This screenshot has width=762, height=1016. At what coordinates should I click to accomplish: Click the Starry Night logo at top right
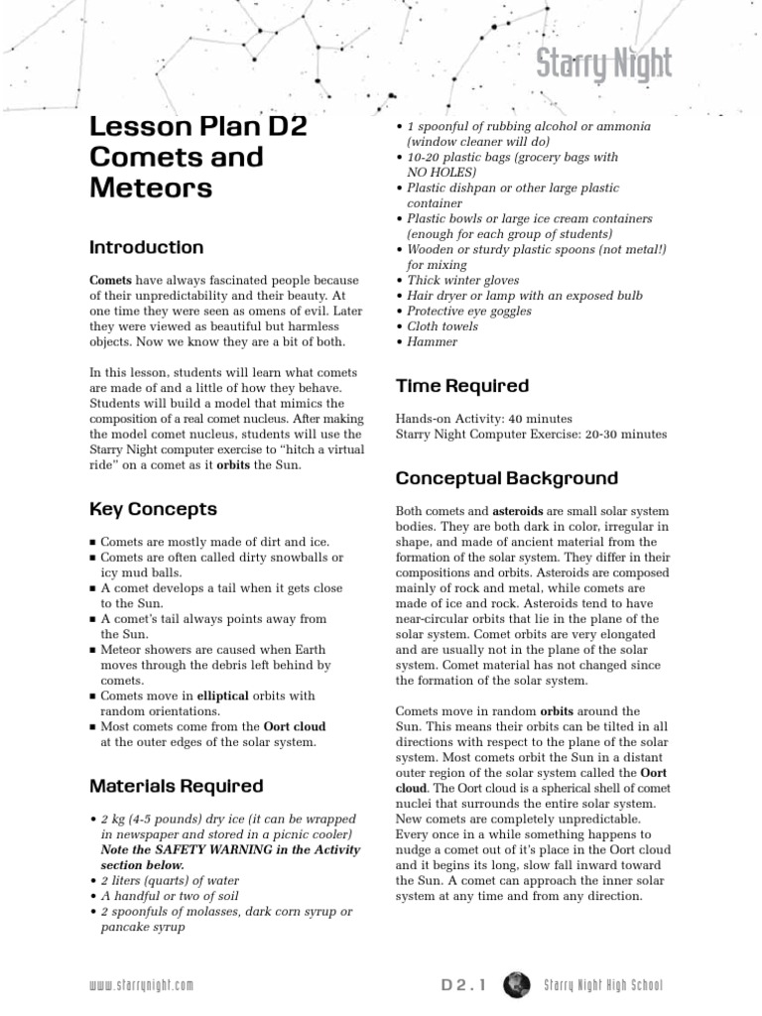[x=604, y=65]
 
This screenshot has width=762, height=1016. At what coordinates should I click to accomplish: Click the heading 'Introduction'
[x=147, y=247]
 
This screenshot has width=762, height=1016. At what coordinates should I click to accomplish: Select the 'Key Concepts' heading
[x=153, y=509]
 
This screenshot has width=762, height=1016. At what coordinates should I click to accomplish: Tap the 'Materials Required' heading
[x=177, y=786]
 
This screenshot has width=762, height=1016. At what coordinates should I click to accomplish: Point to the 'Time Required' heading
[x=462, y=386]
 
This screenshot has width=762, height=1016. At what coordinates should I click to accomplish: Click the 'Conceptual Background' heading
[x=507, y=478]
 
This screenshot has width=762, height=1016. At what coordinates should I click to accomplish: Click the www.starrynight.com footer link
[x=141, y=985]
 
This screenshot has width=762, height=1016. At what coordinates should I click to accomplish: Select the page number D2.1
[x=465, y=985]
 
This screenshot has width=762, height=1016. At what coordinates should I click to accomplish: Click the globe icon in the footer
[x=516, y=984]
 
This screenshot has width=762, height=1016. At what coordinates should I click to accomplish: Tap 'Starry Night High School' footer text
[x=603, y=985]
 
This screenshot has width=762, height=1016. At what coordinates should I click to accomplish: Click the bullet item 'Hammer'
[x=432, y=341]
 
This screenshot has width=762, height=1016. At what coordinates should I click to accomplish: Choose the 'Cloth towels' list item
[x=442, y=326]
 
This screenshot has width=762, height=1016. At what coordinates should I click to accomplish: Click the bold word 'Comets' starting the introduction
[x=110, y=281]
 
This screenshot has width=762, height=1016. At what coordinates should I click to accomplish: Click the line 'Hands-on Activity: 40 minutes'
[x=483, y=419]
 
